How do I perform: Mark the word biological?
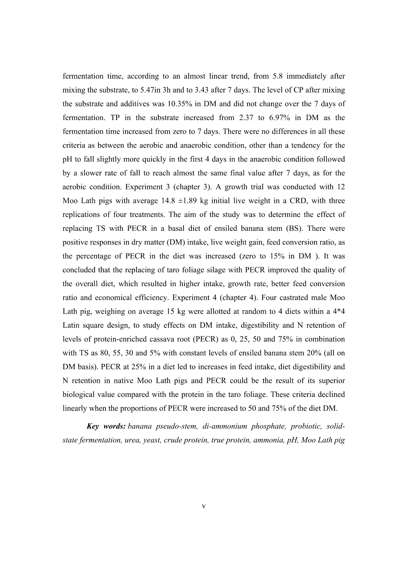click(79, 394)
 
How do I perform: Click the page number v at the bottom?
click(203, 506)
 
